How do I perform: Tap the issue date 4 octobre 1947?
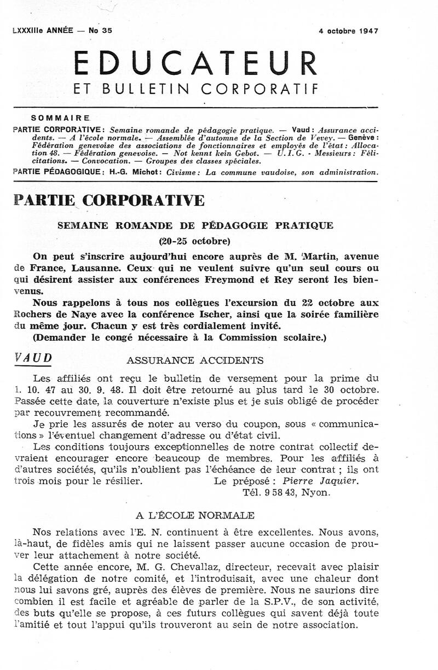click(x=348, y=31)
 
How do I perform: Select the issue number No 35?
click(x=100, y=31)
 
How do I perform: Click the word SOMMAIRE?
click(x=61, y=118)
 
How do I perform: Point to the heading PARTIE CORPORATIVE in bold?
click(x=109, y=200)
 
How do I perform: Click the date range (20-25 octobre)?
click(x=195, y=241)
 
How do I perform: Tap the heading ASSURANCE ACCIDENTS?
click(x=195, y=360)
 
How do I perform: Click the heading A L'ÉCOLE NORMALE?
click(x=195, y=515)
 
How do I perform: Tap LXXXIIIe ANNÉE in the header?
click(x=42, y=31)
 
